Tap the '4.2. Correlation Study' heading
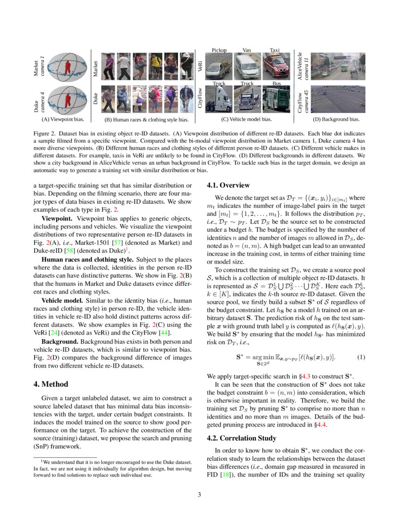click(241, 438)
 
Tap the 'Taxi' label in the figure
click(274, 50)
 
